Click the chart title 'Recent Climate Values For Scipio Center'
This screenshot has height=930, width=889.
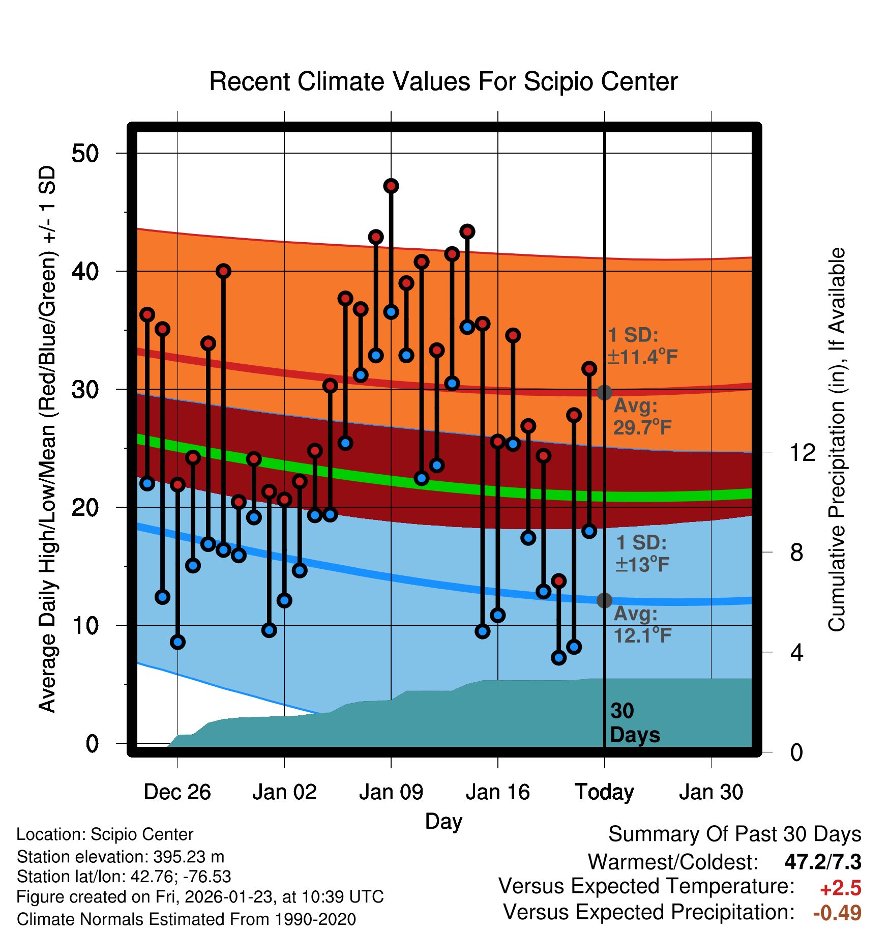point(443,82)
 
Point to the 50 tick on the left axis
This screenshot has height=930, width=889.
point(85,153)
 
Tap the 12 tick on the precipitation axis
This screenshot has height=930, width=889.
point(802,452)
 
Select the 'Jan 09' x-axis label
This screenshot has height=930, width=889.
point(391,792)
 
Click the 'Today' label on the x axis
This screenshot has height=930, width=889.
point(604,792)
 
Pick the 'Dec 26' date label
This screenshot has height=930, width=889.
point(177,792)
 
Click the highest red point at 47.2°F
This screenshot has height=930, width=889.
point(391,186)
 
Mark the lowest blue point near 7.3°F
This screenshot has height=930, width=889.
point(558,658)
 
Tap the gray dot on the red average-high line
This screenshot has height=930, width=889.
point(604,393)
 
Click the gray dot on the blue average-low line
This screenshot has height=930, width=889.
point(604,600)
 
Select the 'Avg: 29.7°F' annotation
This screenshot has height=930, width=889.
point(642,417)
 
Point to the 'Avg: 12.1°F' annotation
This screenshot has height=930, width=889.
point(642,625)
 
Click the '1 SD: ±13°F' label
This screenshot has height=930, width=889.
point(642,554)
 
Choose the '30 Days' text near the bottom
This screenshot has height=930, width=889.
point(634,723)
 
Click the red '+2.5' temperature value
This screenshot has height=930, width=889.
point(840,888)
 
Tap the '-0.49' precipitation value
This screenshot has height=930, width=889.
point(837,913)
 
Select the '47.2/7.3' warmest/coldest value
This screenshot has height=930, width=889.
point(822,862)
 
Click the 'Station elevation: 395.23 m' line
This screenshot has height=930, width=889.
point(121,857)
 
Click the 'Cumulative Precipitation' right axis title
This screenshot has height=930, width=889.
point(837,440)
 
